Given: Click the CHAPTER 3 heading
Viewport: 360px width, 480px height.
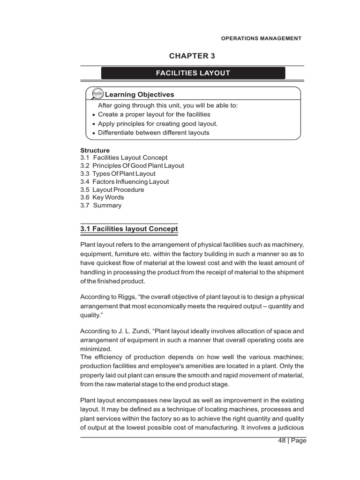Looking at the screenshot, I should coord(192,56).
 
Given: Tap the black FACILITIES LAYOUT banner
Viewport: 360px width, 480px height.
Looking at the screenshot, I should coord(193,73).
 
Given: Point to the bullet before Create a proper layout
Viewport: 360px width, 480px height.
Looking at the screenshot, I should coord(94,115).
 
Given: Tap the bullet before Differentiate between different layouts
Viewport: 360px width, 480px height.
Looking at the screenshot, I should coord(94,134).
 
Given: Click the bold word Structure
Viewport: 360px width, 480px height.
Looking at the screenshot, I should coord(95,150).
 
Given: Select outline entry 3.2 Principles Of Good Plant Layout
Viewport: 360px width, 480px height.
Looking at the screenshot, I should coord(132,166).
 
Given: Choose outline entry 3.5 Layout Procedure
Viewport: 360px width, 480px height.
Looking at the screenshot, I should coord(112,190).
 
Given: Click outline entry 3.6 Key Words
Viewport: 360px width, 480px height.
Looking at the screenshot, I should coord(102,197).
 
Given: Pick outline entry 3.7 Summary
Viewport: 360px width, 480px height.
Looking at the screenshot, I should coord(101,205).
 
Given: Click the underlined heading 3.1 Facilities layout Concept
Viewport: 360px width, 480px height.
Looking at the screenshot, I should coord(129,229).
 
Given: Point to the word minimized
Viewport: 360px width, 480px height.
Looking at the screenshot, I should coord(96,349).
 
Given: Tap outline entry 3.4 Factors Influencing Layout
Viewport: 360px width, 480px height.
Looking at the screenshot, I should coord(125,182).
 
